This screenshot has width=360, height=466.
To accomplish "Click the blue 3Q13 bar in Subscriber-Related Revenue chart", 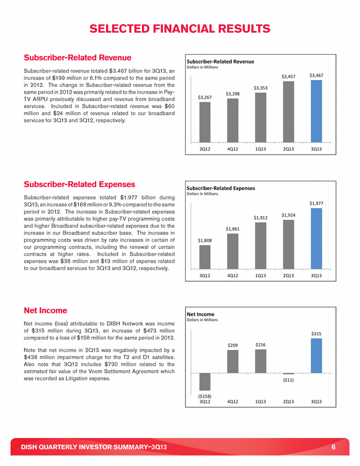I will (316, 111).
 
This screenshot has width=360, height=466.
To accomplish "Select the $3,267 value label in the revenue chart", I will (205, 97).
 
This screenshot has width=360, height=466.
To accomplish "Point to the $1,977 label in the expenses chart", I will (317, 203).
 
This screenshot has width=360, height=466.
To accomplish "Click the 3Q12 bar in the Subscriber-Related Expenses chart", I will (205, 257).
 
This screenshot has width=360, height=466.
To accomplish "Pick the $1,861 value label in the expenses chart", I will (233, 229).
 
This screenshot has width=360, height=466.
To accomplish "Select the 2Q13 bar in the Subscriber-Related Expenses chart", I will (289, 244).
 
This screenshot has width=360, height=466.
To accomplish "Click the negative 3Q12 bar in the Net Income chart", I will (205, 382).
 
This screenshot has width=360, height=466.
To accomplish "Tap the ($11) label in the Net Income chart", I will (289, 379).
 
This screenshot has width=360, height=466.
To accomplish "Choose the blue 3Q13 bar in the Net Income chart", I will (316, 355).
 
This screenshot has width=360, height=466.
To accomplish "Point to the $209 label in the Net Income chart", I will (233, 345).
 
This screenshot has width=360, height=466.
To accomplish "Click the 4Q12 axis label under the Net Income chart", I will (232, 402).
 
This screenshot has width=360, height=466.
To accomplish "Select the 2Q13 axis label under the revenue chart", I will (289, 149).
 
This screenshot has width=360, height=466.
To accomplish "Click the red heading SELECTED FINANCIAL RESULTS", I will (180, 28).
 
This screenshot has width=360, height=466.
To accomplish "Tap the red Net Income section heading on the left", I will (46, 310).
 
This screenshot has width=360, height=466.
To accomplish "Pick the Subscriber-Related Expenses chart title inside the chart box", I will (221, 188).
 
